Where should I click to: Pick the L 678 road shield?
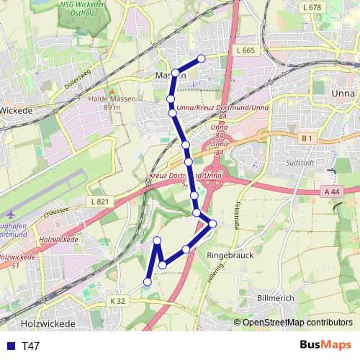(312, 7)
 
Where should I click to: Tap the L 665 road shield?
(245, 50)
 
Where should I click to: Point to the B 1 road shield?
(308, 138)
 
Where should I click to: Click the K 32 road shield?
(118, 300)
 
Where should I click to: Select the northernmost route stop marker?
(202, 58)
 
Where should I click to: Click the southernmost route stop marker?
(148, 282)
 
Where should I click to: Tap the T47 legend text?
(31, 346)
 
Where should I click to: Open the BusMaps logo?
(325, 345)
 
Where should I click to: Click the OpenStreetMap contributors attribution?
(297, 323)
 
